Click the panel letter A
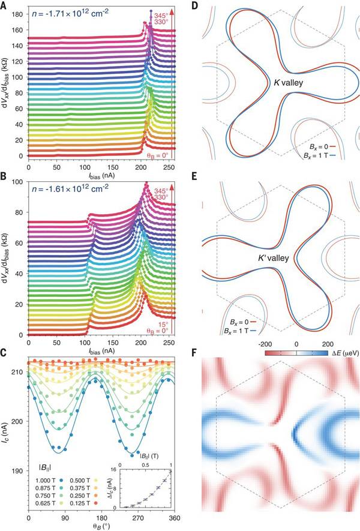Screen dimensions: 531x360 coord(5,5)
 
